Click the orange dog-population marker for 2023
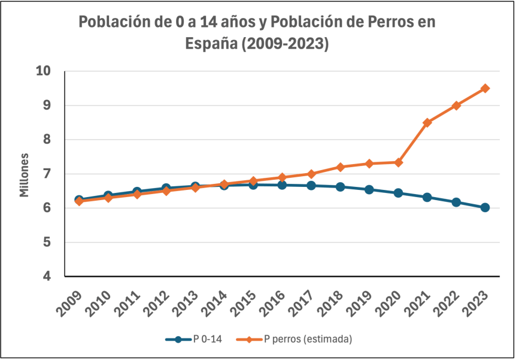[485, 88]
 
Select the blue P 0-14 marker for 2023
[485, 207]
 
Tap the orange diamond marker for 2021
[427, 122]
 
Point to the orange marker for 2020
[398, 162]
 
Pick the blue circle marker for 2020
[398, 193]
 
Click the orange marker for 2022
[456, 105]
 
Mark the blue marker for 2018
[340, 187]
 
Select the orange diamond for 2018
[340, 167]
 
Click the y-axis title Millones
[25, 174]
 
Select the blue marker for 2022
[456, 202]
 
